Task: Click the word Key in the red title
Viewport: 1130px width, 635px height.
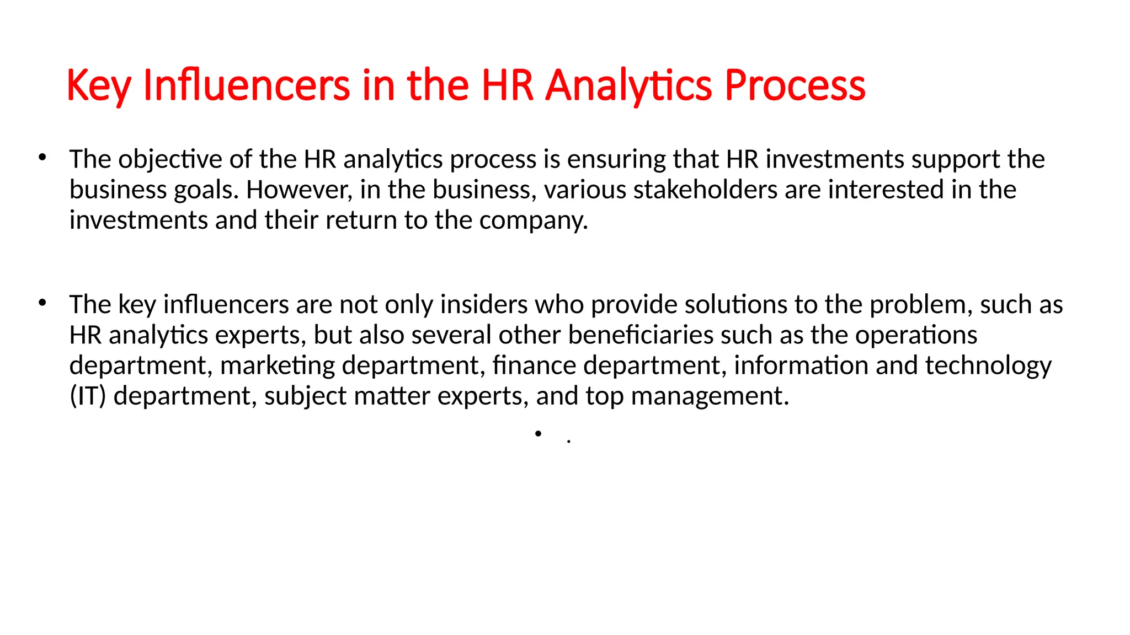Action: (x=99, y=86)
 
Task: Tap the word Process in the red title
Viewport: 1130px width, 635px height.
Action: (x=795, y=86)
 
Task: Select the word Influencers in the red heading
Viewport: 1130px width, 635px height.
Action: (x=246, y=86)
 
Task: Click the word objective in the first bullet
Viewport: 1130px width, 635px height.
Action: (x=170, y=160)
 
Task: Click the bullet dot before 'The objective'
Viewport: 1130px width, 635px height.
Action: (x=42, y=158)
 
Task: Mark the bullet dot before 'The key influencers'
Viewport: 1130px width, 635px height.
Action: (x=42, y=303)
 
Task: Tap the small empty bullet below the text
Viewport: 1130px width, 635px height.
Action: (x=538, y=434)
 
